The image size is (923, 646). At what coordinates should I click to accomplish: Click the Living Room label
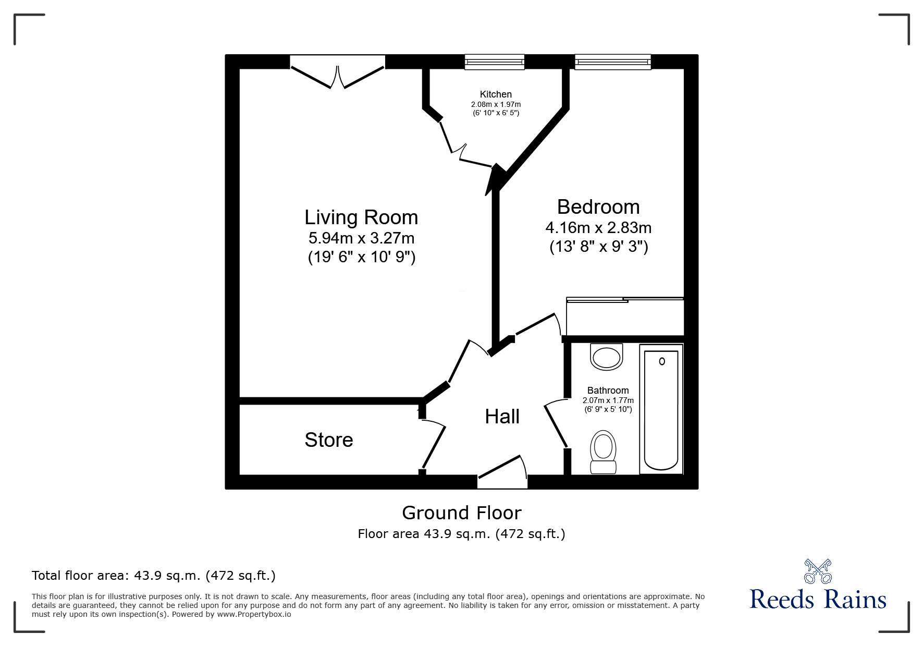[361, 217]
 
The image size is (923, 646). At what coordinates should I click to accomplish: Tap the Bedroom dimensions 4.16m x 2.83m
[598, 228]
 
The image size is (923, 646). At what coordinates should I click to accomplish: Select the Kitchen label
[496, 94]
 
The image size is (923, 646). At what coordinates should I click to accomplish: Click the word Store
[329, 440]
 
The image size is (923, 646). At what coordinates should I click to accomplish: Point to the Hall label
[502, 417]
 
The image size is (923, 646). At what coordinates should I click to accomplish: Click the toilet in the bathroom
[604, 452]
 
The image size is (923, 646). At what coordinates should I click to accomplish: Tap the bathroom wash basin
[607, 357]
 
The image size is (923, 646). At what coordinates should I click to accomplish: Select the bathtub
[661, 409]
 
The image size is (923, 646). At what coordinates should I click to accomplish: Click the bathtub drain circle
[662, 361]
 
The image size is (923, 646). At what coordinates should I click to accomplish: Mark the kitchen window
[495, 62]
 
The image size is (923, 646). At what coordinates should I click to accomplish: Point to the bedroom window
[613, 62]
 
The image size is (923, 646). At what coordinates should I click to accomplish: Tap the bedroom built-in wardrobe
[625, 317]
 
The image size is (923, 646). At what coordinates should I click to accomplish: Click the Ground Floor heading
[461, 513]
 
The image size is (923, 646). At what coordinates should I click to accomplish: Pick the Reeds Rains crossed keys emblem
[818, 571]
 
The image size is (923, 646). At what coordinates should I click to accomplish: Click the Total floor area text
[154, 576]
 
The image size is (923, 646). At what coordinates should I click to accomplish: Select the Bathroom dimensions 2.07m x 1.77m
[608, 400]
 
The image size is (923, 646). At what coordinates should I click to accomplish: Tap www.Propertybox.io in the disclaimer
[254, 614]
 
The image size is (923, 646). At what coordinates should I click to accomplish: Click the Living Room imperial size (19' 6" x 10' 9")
[361, 258]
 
